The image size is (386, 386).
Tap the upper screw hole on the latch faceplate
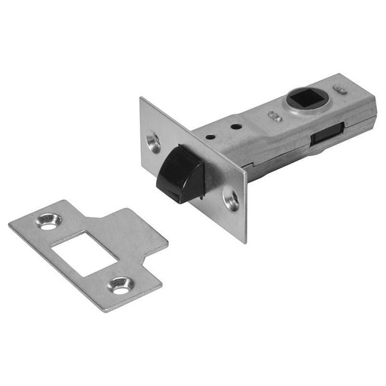coord(154,142)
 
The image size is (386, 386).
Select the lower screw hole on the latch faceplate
coord(231,201)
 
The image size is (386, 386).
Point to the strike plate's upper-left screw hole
coord(51,222)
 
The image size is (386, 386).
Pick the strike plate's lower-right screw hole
coord(121,286)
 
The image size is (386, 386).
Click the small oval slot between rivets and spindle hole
coord(275,117)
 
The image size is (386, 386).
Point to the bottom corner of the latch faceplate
coord(245,240)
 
